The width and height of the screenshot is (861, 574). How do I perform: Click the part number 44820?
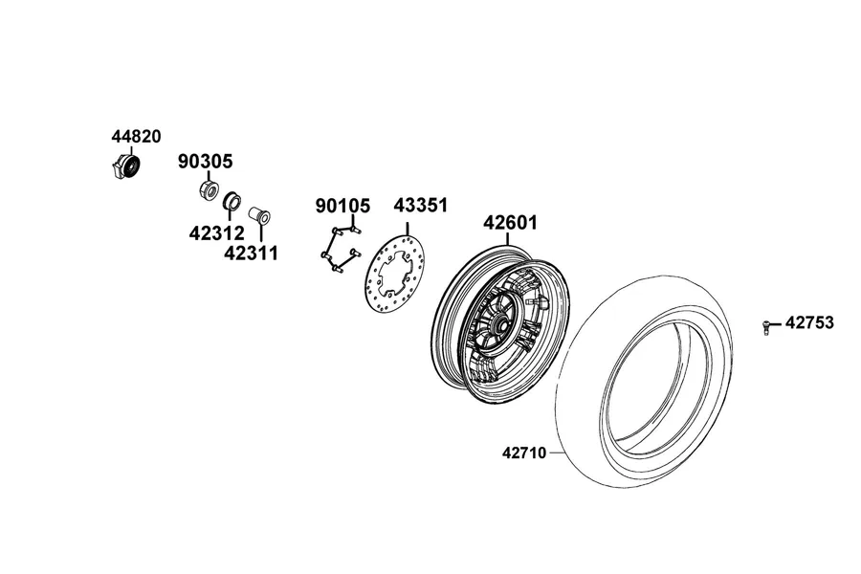[136, 136]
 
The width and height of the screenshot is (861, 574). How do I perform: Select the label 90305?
[205, 162]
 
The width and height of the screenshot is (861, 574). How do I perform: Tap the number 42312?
[216, 233]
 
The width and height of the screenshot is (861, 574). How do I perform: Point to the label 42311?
[251, 254]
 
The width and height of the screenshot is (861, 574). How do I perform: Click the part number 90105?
[342, 206]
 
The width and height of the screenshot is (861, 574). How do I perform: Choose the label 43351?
[421, 206]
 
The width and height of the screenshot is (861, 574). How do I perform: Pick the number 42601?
[510, 223]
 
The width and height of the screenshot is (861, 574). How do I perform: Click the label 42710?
[524, 453]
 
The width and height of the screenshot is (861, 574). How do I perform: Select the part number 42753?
[809, 322]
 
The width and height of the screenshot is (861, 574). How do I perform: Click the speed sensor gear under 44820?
[125, 166]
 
